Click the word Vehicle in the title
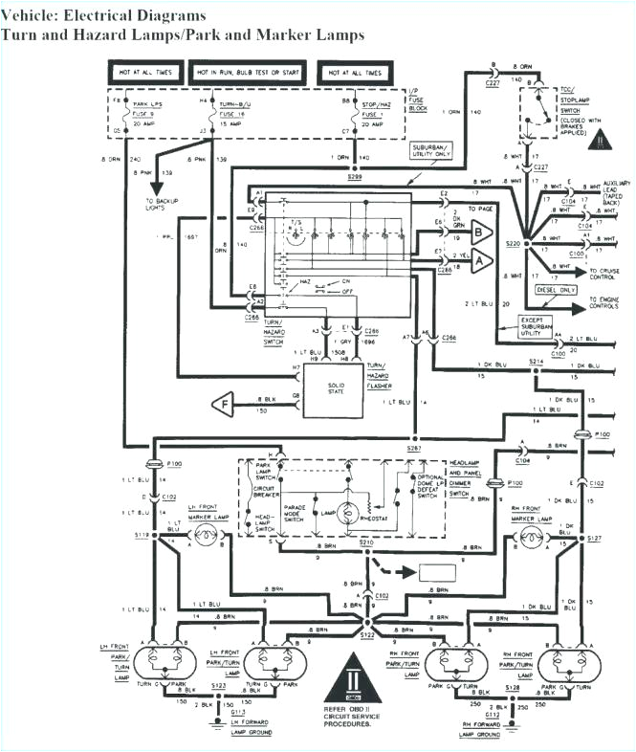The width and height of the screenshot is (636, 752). (x=29, y=16)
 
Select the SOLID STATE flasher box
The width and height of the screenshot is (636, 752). (x=332, y=388)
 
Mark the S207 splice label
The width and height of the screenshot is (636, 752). (x=415, y=447)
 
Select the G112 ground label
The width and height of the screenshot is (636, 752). (x=492, y=714)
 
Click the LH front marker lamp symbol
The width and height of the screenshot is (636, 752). (x=205, y=538)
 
